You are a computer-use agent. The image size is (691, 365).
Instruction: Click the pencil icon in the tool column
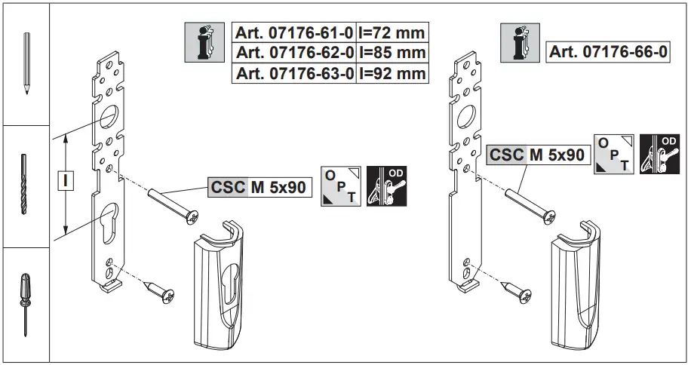25,63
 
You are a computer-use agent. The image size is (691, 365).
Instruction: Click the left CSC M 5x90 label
258,187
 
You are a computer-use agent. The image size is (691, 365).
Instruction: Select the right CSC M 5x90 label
537,155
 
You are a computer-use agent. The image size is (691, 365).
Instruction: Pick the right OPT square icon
613,154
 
